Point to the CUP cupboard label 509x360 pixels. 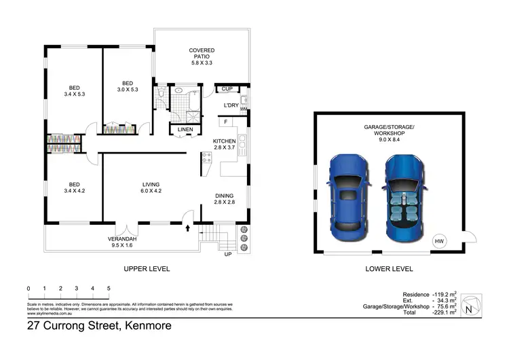pos(227,89)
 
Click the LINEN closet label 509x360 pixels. pos(185,129)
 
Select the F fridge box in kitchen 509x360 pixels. pos(224,122)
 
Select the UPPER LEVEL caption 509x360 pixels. pos(146,269)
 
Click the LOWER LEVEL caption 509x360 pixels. pos(390,269)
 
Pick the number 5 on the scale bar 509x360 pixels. pos(109,289)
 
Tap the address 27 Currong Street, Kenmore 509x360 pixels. pos(99,326)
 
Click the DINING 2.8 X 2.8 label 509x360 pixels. pos(224,199)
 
